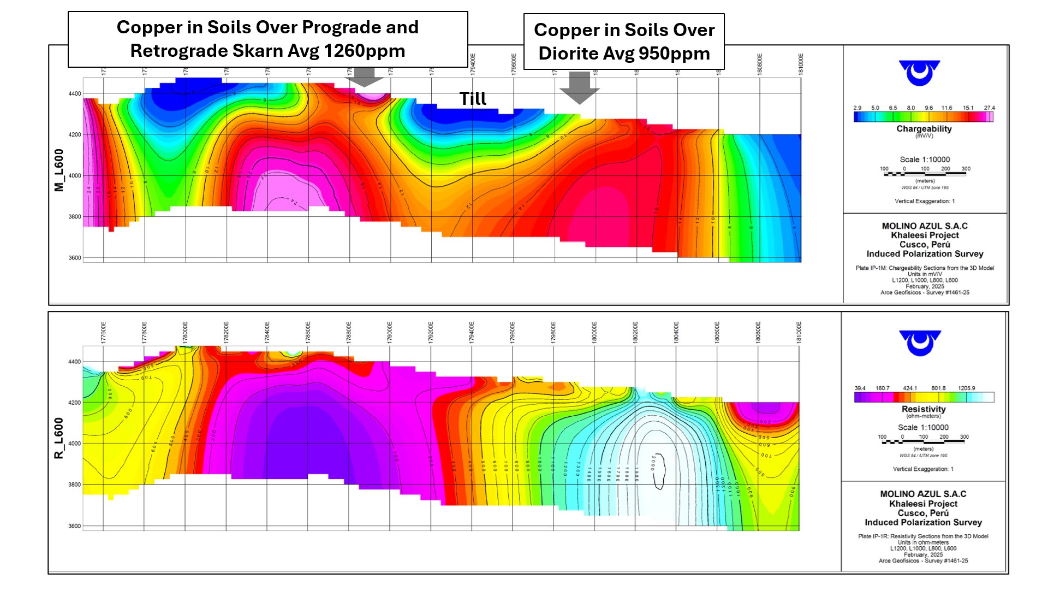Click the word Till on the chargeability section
tap(473, 99)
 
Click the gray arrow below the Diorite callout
tap(579, 87)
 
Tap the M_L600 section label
tap(59, 170)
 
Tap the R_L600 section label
tap(59, 438)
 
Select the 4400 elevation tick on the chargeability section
tap(75, 94)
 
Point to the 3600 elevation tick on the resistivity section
tap(75, 526)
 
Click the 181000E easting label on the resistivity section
tap(799, 332)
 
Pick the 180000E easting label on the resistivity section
tap(594, 332)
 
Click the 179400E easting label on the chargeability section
tap(473, 64)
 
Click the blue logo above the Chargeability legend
tap(920, 73)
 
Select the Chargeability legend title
tap(924, 129)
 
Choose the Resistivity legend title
tap(924, 409)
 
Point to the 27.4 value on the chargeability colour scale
tap(989, 108)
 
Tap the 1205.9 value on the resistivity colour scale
tap(966, 388)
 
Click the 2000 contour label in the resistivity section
tap(653, 463)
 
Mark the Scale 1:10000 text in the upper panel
tap(925, 160)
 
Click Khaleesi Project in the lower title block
tap(924, 504)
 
